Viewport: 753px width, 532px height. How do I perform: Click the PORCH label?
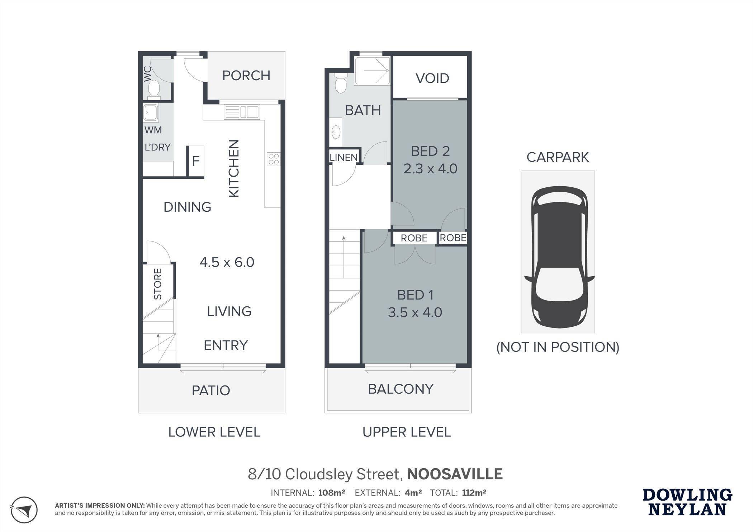tap(246, 76)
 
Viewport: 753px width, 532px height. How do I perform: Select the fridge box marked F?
tap(196, 161)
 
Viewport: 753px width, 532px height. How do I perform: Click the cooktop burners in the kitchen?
tap(274, 159)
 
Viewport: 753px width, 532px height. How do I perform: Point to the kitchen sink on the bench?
tap(241, 112)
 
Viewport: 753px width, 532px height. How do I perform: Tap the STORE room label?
tap(158, 284)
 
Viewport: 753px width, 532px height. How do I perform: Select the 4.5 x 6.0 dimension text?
tap(227, 262)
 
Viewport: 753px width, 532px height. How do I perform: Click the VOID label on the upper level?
tap(432, 78)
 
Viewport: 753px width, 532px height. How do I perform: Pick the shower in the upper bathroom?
tap(372, 71)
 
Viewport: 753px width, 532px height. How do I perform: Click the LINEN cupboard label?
tap(344, 157)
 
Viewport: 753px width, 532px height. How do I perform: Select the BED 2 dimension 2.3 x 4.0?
tap(430, 168)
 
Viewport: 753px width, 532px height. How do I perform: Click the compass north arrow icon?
tap(24, 509)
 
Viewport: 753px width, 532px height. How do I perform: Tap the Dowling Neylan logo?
tap(687, 502)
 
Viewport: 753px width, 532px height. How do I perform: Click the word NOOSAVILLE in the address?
tap(455, 474)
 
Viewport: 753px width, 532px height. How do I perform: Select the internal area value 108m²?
tap(332, 493)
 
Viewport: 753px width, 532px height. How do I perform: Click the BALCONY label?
tap(401, 389)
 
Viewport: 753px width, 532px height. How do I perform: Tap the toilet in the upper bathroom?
tap(340, 83)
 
